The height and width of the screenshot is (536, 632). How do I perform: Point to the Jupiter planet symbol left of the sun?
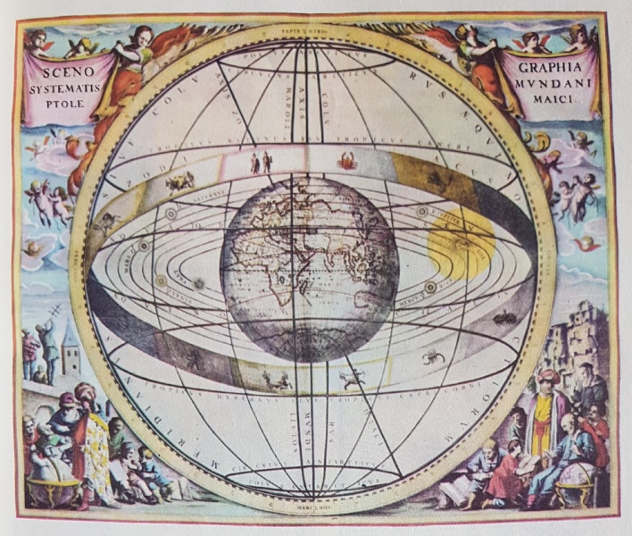pyautogui.click(x=422, y=212)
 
